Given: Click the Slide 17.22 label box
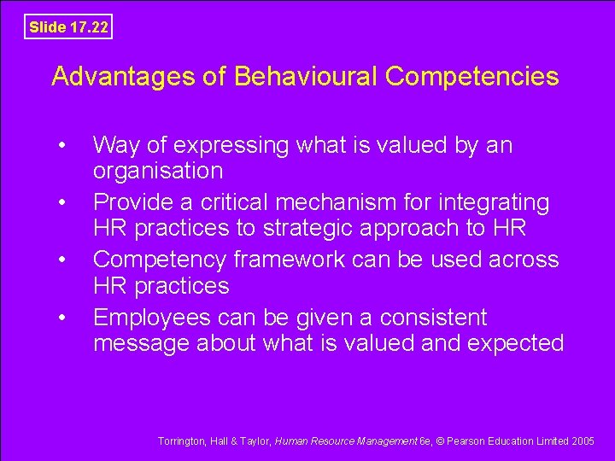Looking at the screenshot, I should [68, 26].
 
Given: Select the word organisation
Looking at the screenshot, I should [158, 171].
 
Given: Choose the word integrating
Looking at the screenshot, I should [496, 203].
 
